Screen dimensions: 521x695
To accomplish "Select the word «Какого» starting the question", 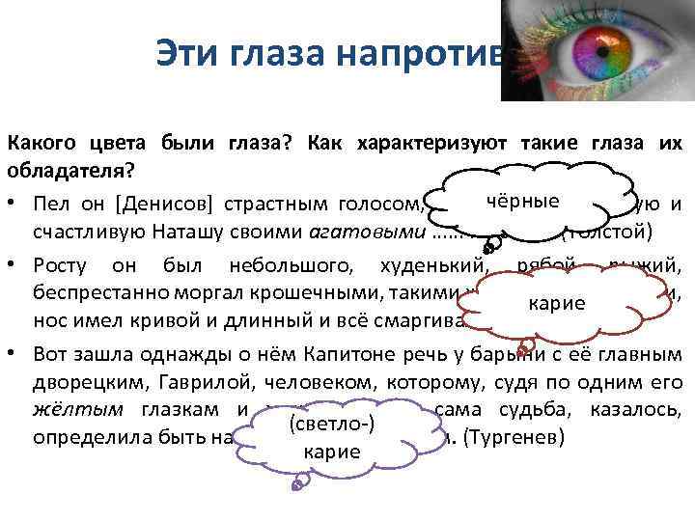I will pyautogui.click(x=40, y=144).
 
